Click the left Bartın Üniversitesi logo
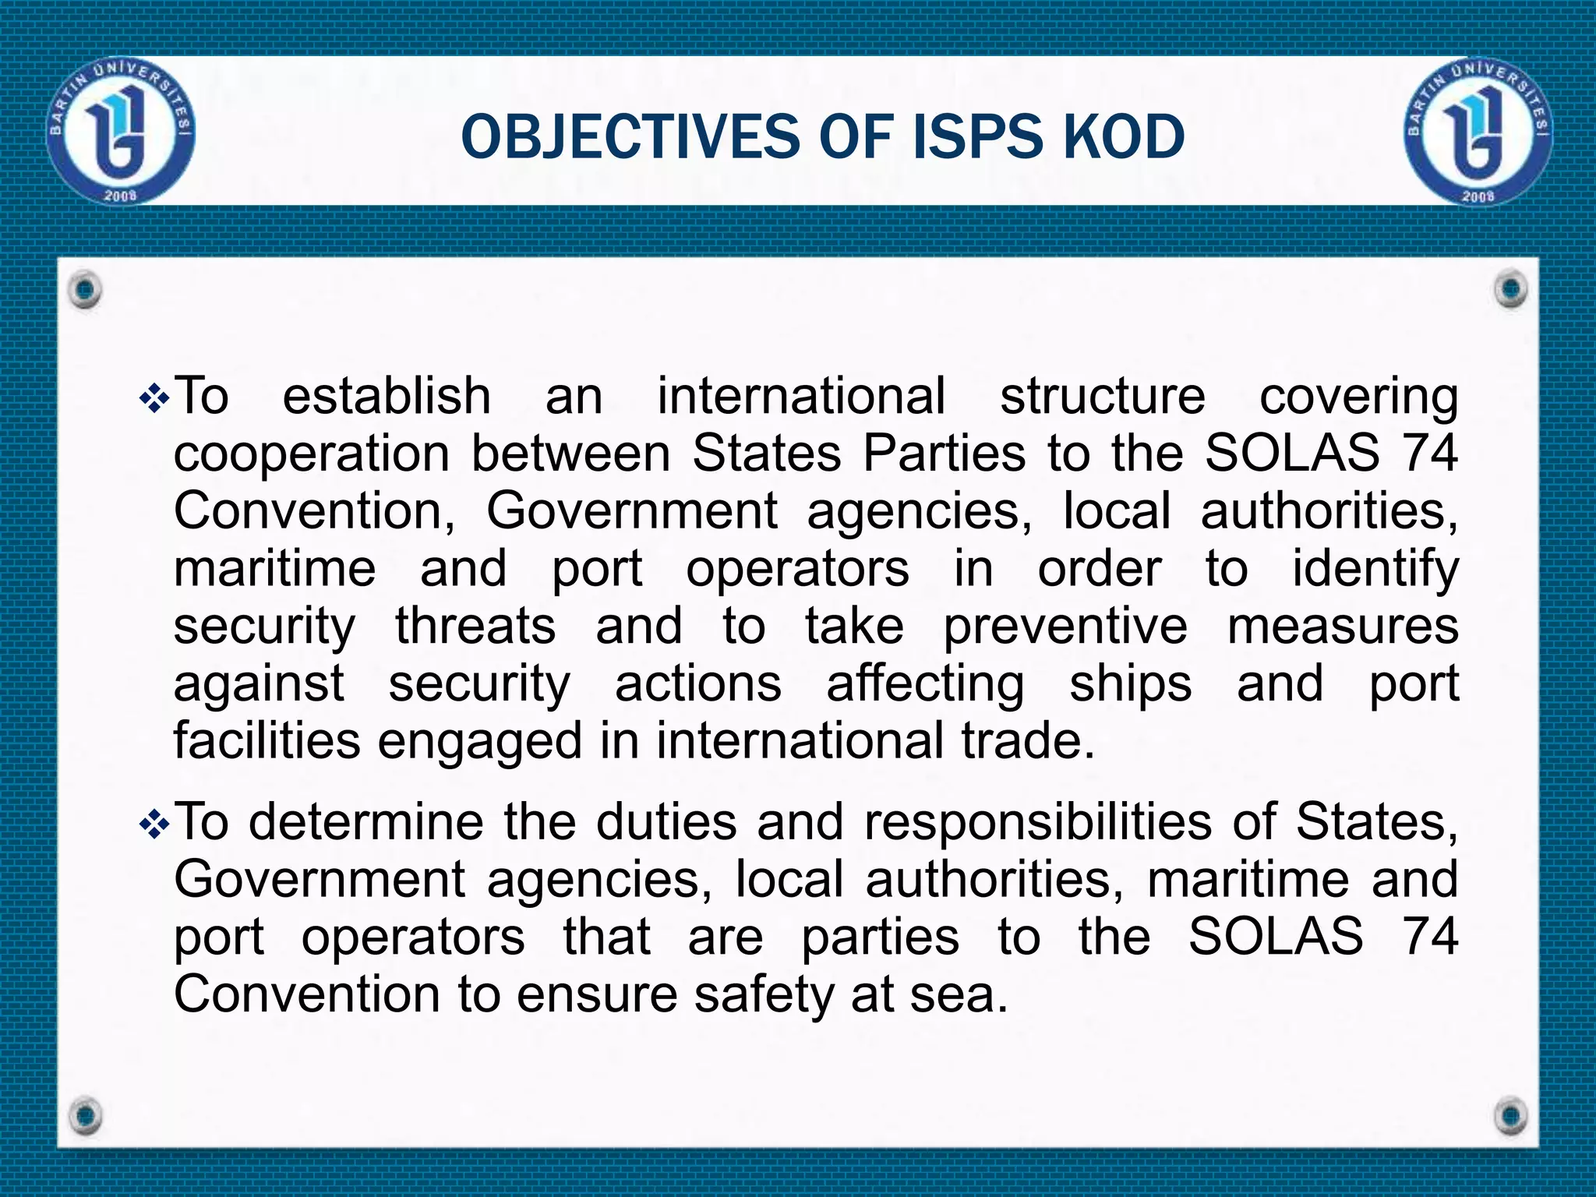pyautogui.click(x=121, y=131)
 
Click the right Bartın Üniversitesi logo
pyautogui.click(x=1478, y=131)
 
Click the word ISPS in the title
pyautogui.click(x=975, y=137)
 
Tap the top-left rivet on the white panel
pyautogui.click(x=85, y=290)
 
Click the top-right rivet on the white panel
pyautogui.click(x=1511, y=290)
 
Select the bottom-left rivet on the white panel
pyautogui.click(x=85, y=1114)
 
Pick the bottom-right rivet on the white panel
pyautogui.click(x=1511, y=1114)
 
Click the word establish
pyautogui.click(x=387, y=396)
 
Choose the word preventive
pyautogui.click(x=1065, y=627)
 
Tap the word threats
pyautogui.click(x=475, y=627)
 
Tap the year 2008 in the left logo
pyautogui.click(x=121, y=195)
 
